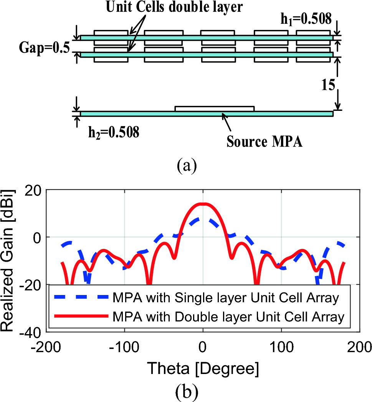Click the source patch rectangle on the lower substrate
pos(214,109)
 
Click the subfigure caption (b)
pos(186,391)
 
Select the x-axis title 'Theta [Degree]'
pos(202,369)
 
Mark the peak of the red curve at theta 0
pos(203,204)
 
